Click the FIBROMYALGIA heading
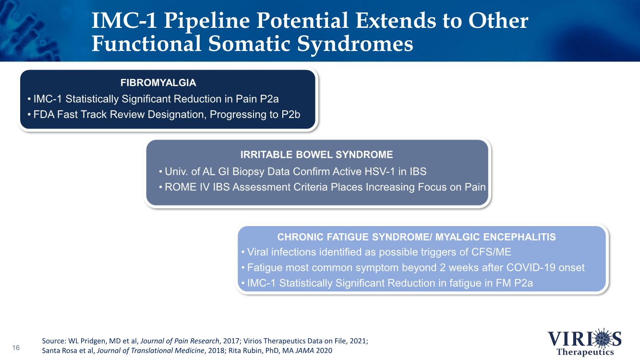click(x=158, y=83)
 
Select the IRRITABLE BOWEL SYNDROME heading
click(x=316, y=155)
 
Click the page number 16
click(x=16, y=348)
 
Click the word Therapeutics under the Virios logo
click(x=585, y=352)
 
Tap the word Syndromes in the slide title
click(x=355, y=44)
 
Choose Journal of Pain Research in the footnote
click(x=180, y=341)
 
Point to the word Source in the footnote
click(x=54, y=341)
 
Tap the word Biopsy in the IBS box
click(x=249, y=172)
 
